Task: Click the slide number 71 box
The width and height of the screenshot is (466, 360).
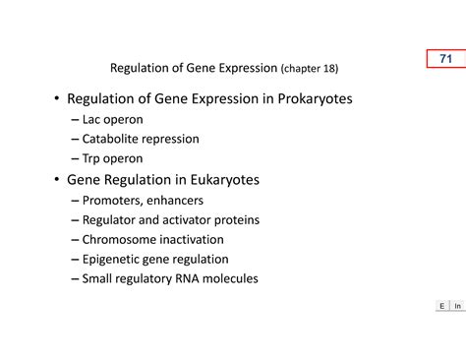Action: coord(445,59)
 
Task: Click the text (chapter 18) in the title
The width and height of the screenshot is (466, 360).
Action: coord(310,69)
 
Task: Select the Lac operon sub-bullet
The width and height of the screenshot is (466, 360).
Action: coord(112,120)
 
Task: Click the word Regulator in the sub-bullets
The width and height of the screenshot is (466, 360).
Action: coord(110,220)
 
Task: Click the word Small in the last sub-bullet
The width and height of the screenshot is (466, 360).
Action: coord(99,279)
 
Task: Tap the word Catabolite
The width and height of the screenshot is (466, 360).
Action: coord(113,140)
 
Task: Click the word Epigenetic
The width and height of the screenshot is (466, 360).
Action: coord(114,260)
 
